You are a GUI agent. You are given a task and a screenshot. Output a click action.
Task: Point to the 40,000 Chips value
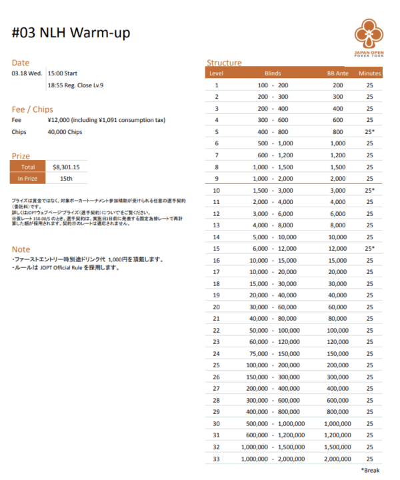(65, 132)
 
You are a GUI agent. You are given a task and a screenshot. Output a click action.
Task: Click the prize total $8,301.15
(66, 167)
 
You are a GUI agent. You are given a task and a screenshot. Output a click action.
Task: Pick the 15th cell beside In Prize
(66, 179)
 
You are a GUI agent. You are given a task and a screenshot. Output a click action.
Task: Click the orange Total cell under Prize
(28, 167)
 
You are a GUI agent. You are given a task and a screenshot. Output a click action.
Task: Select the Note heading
(21, 249)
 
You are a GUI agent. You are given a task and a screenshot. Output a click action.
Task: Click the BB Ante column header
(338, 73)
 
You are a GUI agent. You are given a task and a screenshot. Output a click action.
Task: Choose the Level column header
(216, 73)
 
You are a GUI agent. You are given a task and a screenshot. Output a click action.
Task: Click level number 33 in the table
(216, 459)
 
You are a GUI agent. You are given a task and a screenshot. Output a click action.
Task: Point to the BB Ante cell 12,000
(338, 248)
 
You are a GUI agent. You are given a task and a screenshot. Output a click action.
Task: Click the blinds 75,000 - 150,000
(273, 353)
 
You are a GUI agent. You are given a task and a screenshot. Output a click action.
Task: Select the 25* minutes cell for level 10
(369, 190)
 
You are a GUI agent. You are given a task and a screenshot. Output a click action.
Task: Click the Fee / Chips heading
(33, 109)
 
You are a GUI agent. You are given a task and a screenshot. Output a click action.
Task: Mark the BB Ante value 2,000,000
(338, 459)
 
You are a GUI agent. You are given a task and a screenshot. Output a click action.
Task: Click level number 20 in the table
(216, 307)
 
